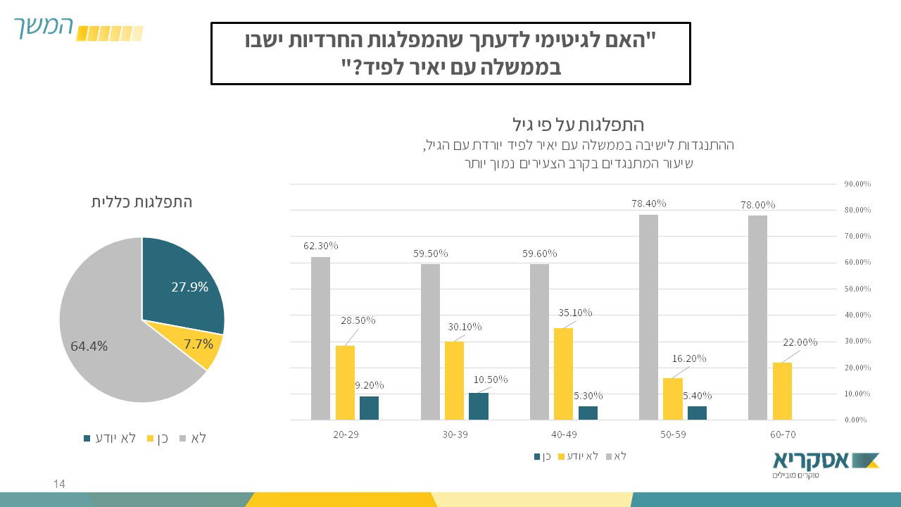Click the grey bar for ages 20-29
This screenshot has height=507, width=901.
(x=320, y=338)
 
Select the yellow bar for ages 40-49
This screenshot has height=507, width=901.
(x=563, y=373)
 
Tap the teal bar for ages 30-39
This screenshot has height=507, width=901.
(x=478, y=406)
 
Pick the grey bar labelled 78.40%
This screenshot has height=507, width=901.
(x=648, y=317)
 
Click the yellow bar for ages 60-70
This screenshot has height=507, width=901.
(x=782, y=391)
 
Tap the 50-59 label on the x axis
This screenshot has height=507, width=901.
(x=673, y=434)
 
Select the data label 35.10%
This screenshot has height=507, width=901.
(x=575, y=313)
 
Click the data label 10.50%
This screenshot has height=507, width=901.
(x=491, y=380)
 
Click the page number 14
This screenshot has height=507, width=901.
(x=59, y=484)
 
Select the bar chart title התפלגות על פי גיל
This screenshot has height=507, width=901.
(x=576, y=125)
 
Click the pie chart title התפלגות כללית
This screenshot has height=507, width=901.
(x=141, y=202)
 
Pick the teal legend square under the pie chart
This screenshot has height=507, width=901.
(x=87, y=439)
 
